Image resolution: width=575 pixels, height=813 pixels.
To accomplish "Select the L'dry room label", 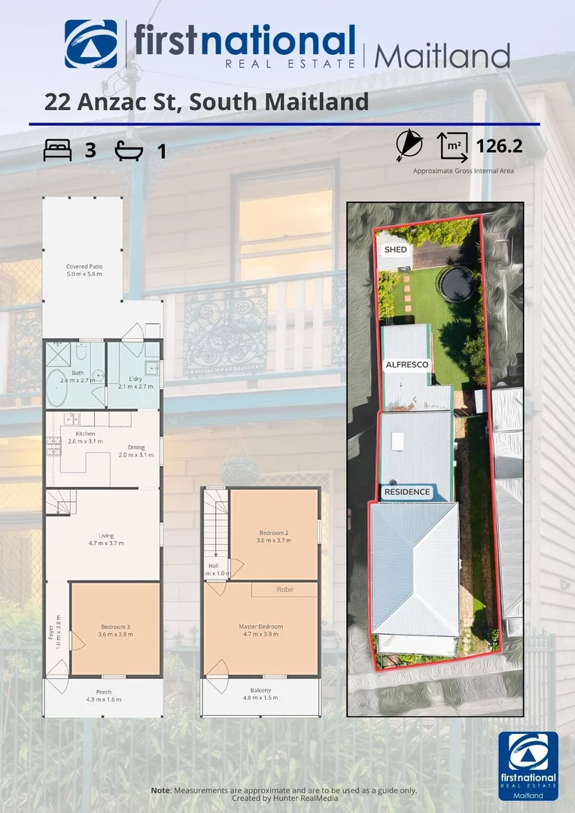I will [x=135, y=382].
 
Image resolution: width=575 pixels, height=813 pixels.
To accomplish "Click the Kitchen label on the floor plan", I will [x=85, y=437].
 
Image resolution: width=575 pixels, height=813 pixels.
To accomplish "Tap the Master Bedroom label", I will [x=260, y=630].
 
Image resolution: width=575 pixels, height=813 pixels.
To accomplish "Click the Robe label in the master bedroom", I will [x=284, y=589].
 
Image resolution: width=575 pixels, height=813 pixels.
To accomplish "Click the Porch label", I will [x=103, y=695].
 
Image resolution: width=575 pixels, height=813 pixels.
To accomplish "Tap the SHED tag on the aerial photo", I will [x=395, y=249].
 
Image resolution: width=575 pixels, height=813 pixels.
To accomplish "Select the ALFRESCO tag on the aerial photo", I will [x=406, y=364].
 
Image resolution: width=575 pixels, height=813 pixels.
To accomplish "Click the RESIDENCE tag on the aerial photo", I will [x=407, y=492].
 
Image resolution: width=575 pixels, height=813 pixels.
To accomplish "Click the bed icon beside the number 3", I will [x=57, y=151].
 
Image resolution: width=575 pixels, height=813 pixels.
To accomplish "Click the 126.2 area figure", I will [x=499, y=145].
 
